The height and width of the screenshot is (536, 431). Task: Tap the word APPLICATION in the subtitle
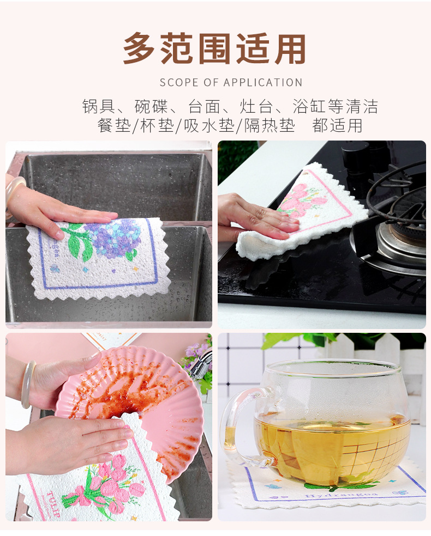[x=263, y=83]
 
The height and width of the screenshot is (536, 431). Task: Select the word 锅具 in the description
[x=99, y=106]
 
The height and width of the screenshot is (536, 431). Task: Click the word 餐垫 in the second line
[x=114, y=126]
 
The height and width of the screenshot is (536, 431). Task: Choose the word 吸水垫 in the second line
[x=208, y=126]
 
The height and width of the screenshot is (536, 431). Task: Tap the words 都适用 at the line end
[x=338, y=126]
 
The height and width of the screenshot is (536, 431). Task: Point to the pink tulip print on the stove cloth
[x=303, y=199]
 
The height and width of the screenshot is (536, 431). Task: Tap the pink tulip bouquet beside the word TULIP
[x=104, y=488]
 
